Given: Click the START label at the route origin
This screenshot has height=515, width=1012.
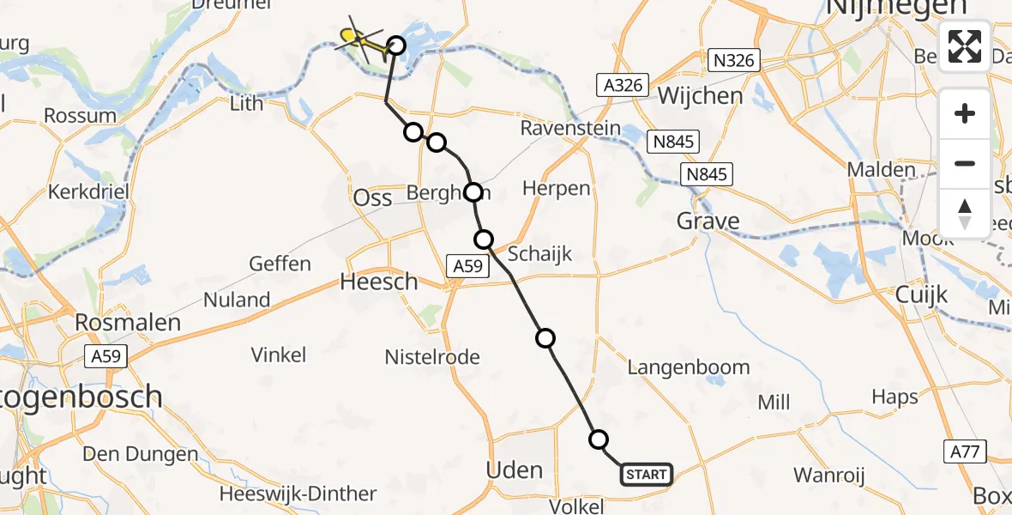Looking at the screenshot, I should coord(646,475).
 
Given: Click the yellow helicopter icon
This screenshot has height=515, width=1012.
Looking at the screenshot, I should coord(358,38).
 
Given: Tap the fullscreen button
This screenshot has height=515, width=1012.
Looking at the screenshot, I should coord(965,46).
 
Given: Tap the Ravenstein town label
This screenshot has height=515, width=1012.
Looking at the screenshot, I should coord(570,129).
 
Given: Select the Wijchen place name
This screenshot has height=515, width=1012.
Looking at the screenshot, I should coord(701,95).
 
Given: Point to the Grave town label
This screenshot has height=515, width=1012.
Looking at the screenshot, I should coord(708,221).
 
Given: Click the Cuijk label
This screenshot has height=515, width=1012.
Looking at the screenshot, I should coord(921,295).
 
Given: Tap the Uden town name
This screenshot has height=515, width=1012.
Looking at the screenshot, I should coord(514,470).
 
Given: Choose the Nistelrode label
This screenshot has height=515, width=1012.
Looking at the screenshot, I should coord(432,357).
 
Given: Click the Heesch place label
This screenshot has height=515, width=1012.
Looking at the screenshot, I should coord(378,282).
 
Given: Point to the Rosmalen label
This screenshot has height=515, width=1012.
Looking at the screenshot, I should coord(128,323).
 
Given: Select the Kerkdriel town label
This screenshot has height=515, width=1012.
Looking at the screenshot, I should coord(89,191).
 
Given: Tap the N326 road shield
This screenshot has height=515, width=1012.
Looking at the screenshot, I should coord(736,60).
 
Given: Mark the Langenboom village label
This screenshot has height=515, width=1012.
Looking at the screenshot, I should coord(689,367).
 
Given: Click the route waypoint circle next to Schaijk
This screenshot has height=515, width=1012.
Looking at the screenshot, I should coord(485,239).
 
